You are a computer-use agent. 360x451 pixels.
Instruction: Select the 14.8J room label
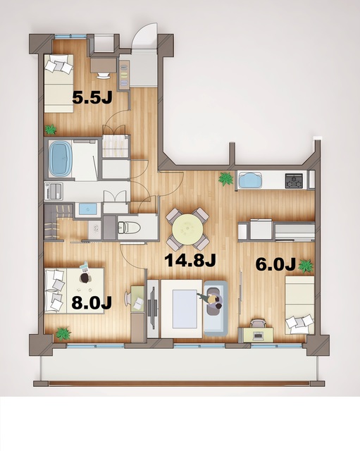coord(190,260)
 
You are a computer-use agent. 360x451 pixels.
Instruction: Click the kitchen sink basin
coord(249,180)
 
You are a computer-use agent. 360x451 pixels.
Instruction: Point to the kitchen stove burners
coord(294,181)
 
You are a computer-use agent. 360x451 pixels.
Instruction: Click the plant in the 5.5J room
coord(50,130)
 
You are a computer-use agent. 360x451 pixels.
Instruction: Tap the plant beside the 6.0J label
coord(306,266)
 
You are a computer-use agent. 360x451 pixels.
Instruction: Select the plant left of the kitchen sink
coord(225,179)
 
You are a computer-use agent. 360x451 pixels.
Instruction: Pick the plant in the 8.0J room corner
coord(63,333)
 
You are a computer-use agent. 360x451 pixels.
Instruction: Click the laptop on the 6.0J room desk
coord(257,323)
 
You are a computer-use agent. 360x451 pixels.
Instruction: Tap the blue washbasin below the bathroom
coord(88,209)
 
